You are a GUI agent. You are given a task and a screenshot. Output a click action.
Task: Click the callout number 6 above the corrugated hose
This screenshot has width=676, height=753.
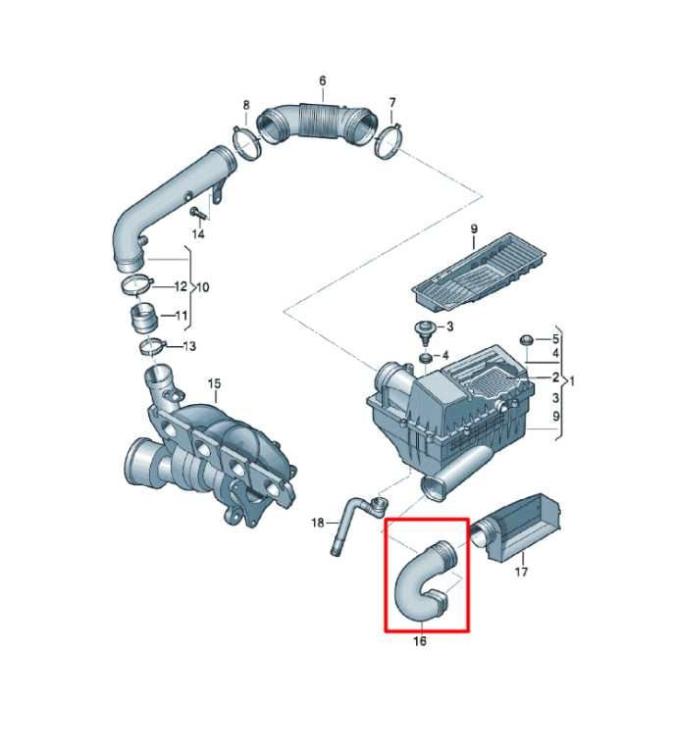tap(323, 80)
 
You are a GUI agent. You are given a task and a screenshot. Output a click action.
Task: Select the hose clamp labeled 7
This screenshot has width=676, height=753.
tap(388, 141)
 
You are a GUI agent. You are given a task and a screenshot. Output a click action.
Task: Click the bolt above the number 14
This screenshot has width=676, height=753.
tap(198, 213)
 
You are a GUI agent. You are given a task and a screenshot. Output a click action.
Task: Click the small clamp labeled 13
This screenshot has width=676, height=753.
tap(152, 347)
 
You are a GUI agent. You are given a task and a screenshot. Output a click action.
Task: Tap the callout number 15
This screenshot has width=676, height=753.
tap(214, 383)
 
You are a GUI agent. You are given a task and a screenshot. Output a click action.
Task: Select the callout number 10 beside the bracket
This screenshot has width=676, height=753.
tap(203, 287)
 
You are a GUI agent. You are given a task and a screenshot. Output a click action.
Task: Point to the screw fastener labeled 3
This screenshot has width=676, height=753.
tap(425, 331)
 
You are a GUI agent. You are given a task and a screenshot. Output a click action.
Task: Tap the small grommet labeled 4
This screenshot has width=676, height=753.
tap(425, 358)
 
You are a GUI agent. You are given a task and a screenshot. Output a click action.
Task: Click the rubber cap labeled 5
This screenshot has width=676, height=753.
tap(526, 340)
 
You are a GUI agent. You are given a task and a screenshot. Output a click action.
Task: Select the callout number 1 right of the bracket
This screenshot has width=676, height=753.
tap(572, 382)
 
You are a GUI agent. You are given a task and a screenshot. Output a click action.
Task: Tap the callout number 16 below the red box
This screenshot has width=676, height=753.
tap(420, 641)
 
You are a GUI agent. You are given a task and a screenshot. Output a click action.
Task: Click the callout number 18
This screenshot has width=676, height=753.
tap(318, 523)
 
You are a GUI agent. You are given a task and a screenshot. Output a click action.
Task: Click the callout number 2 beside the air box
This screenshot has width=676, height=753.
tap(555, 377)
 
